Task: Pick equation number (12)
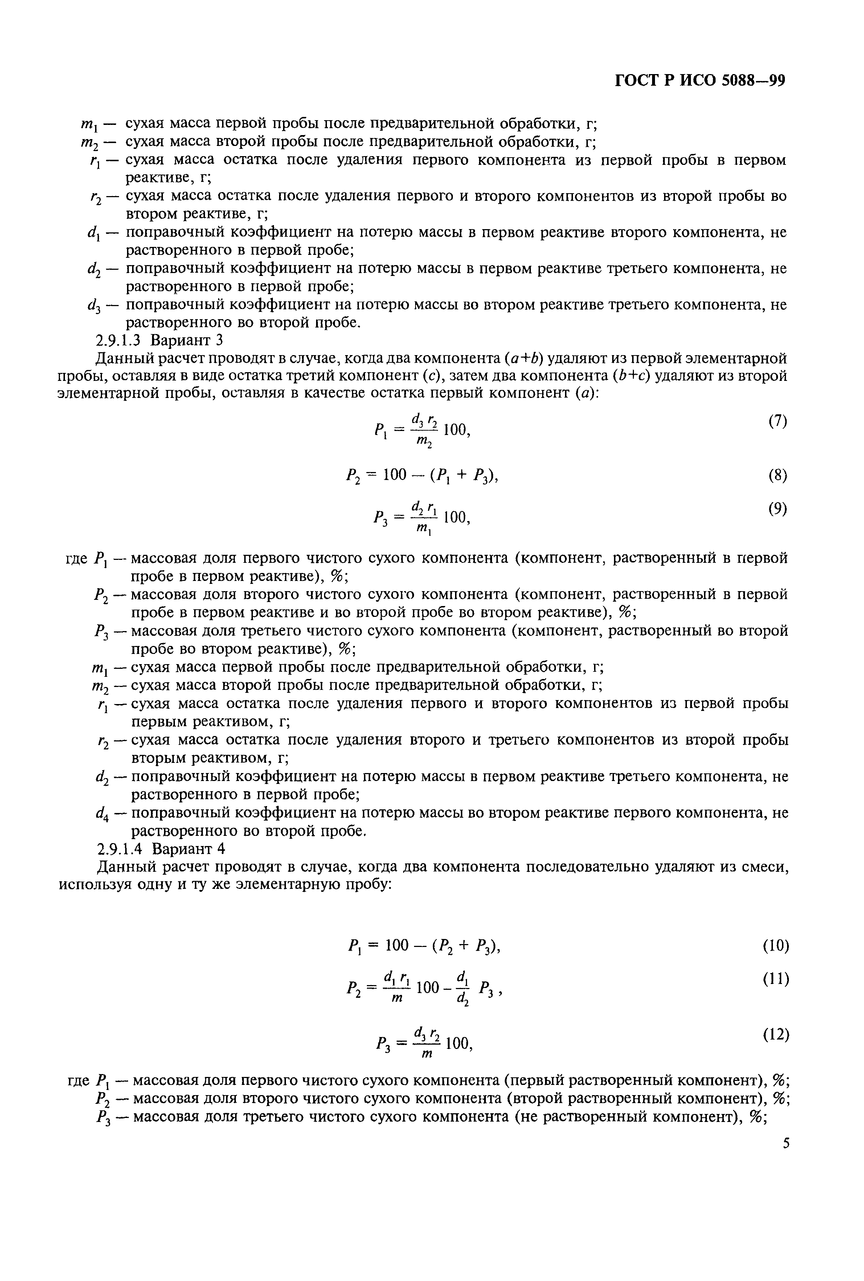click(x=776, y=1034)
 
